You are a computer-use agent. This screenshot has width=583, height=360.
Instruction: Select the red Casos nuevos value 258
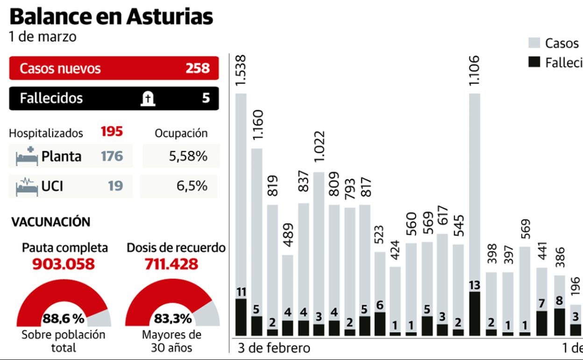coord(198,68)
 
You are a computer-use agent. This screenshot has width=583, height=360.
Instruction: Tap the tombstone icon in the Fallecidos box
coord(148,98)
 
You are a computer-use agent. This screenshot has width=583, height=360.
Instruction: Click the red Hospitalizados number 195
coord(112,132)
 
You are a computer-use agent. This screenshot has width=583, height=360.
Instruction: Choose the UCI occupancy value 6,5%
coord(192,186)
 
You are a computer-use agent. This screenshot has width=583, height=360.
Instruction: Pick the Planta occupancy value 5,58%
coord(188,156)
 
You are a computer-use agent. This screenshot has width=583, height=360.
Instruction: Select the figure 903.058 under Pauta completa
coord(64,264)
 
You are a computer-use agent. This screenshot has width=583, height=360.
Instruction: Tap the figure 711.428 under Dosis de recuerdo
coord(171,264)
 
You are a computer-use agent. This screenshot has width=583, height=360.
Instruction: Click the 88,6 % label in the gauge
coord(64,319)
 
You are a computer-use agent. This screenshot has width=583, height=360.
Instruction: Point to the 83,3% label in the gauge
coord(173,319)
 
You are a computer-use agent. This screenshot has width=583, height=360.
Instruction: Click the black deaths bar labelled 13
coord(474,313)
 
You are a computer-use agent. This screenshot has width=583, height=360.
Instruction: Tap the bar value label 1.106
coord(475,70)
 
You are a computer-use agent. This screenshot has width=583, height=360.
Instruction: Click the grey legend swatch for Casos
coord(534,43)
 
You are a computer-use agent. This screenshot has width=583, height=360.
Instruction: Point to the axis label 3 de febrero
coord(274,348)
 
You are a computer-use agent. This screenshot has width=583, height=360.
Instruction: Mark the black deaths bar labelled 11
coord(241,317)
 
